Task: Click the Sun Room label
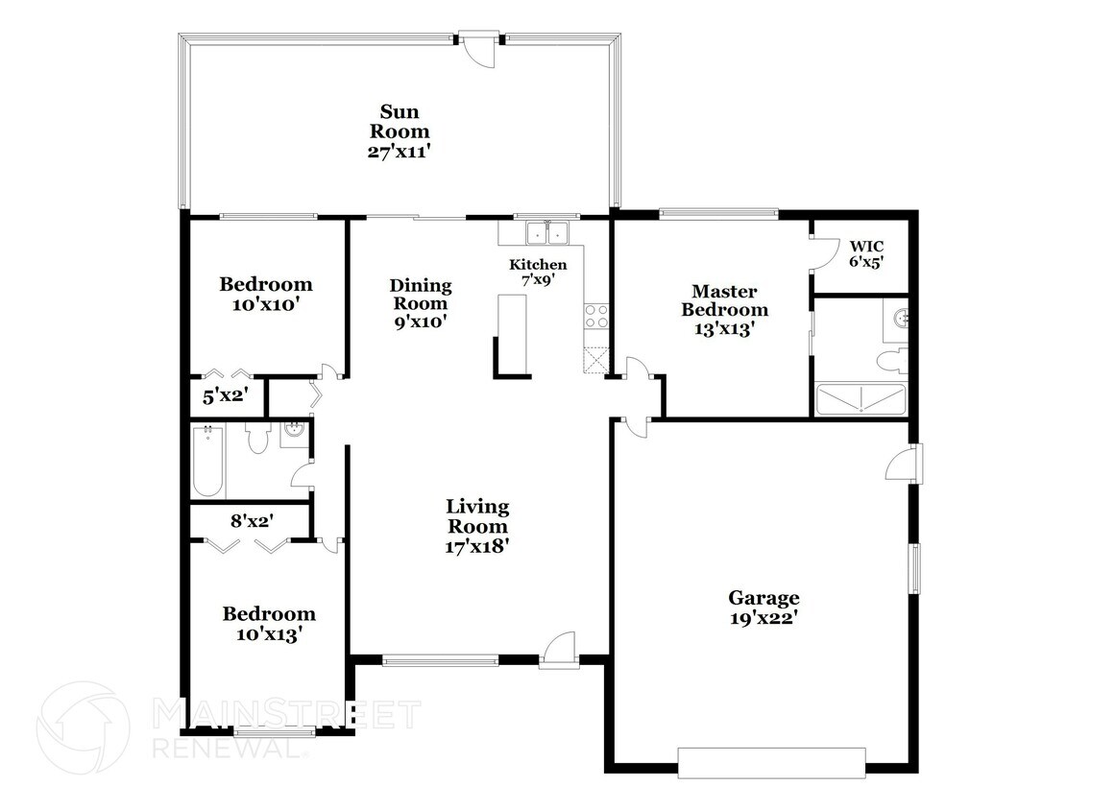pos(399,122)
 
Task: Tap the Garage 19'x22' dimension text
pos(763,618)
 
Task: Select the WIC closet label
pos(867,247)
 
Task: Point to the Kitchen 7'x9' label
pos(538,273)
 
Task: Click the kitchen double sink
pos(546,232)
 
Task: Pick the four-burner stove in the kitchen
pos(595,316)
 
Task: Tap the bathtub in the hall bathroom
pos(207,461)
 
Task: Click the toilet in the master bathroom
pos(892,361)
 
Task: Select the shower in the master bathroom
pos(860,399)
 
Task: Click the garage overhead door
pos(771,762)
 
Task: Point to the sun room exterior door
pos(477,48)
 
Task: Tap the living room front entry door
pos(558,650)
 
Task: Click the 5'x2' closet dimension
pos(225,396)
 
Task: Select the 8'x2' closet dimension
pos(252,521)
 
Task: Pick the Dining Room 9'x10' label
pos(421,303)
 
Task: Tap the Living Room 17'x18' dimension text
pos(477,546)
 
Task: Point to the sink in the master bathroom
pos(897,319)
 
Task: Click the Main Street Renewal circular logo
pos(83,727)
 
